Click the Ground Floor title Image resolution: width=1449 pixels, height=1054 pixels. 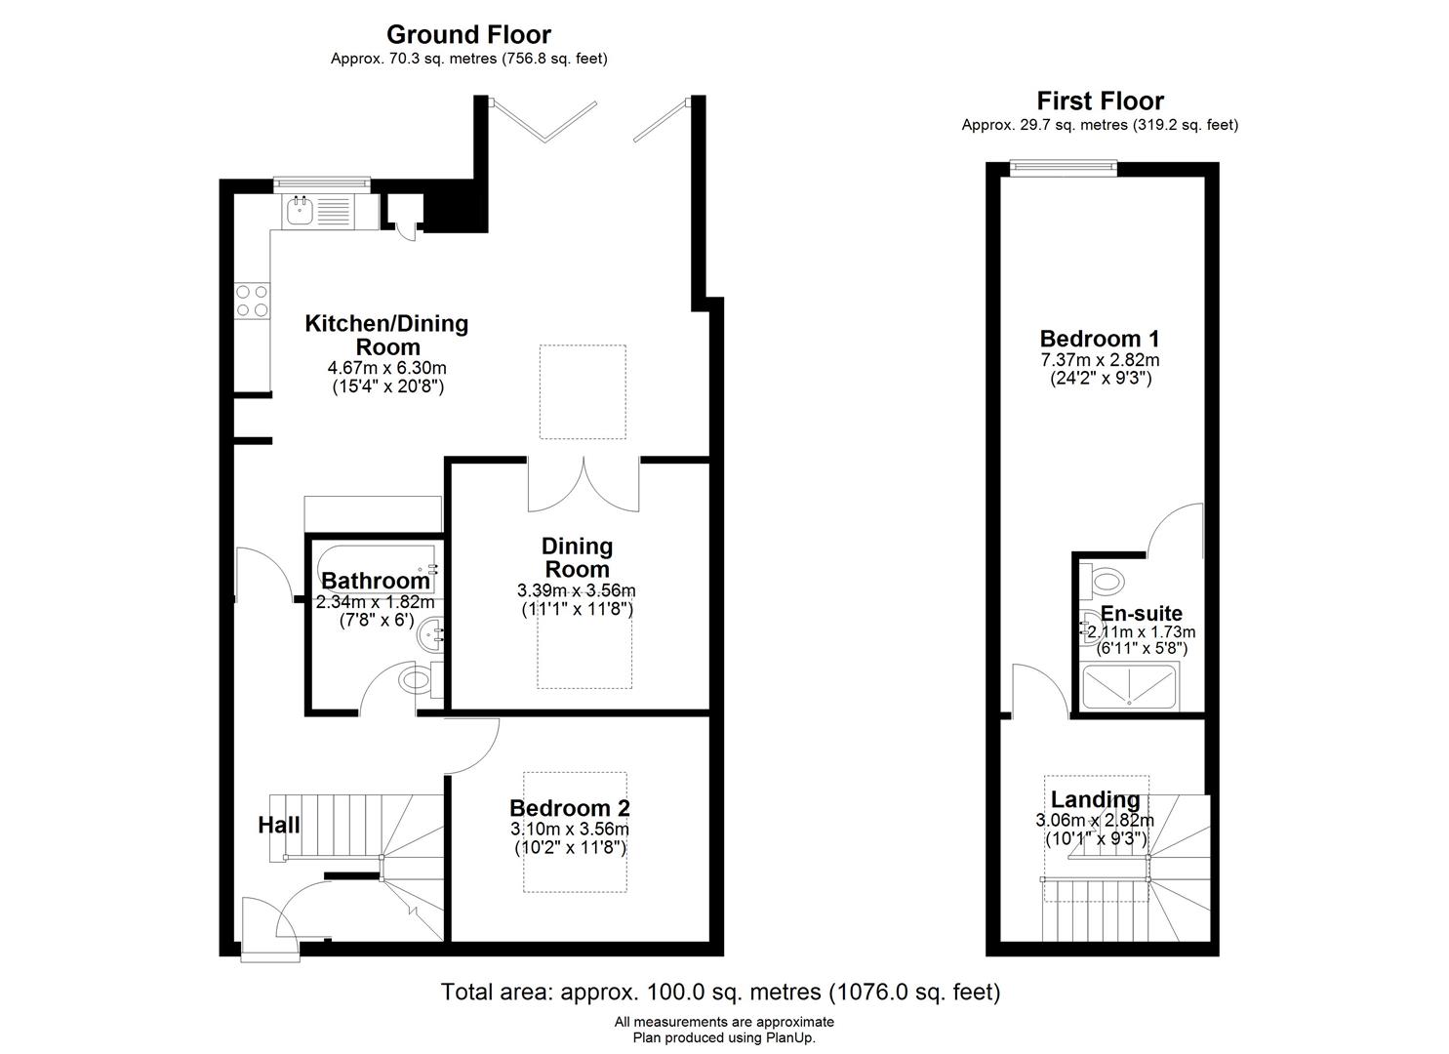pos(468,34)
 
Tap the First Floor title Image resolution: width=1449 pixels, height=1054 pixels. pos(1100,101)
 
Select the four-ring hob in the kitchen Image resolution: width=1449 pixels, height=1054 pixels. pos(253,301)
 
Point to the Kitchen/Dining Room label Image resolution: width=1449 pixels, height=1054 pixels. pos(386,335)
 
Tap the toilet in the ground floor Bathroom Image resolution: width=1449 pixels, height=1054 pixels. pos(421,680)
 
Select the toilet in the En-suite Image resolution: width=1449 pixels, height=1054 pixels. pos(1103,581)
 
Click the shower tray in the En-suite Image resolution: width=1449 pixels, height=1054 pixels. pos(1129,686)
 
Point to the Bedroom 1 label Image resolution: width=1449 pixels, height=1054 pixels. pos(1100,339)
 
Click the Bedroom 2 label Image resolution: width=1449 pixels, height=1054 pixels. pos(570,808)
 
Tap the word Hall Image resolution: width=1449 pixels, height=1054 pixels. pos(279,825)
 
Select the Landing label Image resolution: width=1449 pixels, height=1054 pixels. pos(1095,799)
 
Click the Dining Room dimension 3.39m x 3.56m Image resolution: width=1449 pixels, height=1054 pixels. pos(577,590)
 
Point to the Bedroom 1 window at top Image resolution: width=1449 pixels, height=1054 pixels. pos(1065,168)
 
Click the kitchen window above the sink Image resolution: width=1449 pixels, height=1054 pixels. pos(321,184)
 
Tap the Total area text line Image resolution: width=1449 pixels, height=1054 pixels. pos(721,992)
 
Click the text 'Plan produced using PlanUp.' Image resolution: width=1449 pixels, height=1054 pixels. pos(724,1037)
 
